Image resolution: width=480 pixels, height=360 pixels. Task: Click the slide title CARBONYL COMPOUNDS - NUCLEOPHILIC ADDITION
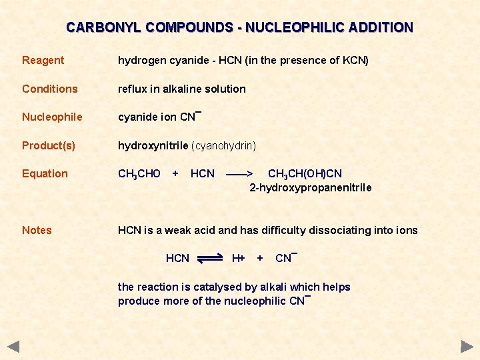pyautogui.click(x=239, y=28)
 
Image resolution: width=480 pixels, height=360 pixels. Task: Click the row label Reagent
pyautogui.click(x=43, y=61)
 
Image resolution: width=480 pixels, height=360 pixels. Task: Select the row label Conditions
pyautogui.click(x=49, y=89)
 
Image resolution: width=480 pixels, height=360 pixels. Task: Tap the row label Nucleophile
pyautogui.click(x=52, y=117)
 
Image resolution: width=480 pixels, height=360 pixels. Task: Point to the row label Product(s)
pyautogui.click(x=48, y=145)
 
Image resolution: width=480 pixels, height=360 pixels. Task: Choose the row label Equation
pyautogui.click(x=45, y=174)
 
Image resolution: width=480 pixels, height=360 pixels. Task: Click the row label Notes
pyautogui.click(x=37, y=231)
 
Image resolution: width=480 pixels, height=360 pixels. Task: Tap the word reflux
pyautogui.click(x=133, y=89)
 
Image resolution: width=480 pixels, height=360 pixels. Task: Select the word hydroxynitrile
pyautogui.click(x=153, y=145)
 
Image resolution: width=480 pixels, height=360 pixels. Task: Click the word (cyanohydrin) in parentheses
pyautogui.click(x=224, y=145)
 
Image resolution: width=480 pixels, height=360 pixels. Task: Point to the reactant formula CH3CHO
pyautogui.click(x=139, y=174)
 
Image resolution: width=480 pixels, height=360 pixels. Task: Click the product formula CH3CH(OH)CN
pyautogui.click(x=305, y=174)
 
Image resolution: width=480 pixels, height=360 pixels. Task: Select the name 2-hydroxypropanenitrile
pyautogui.click(x=311, y=188)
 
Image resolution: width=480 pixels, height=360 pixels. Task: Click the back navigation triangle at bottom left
pyautogui.click(x=13, y=347)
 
